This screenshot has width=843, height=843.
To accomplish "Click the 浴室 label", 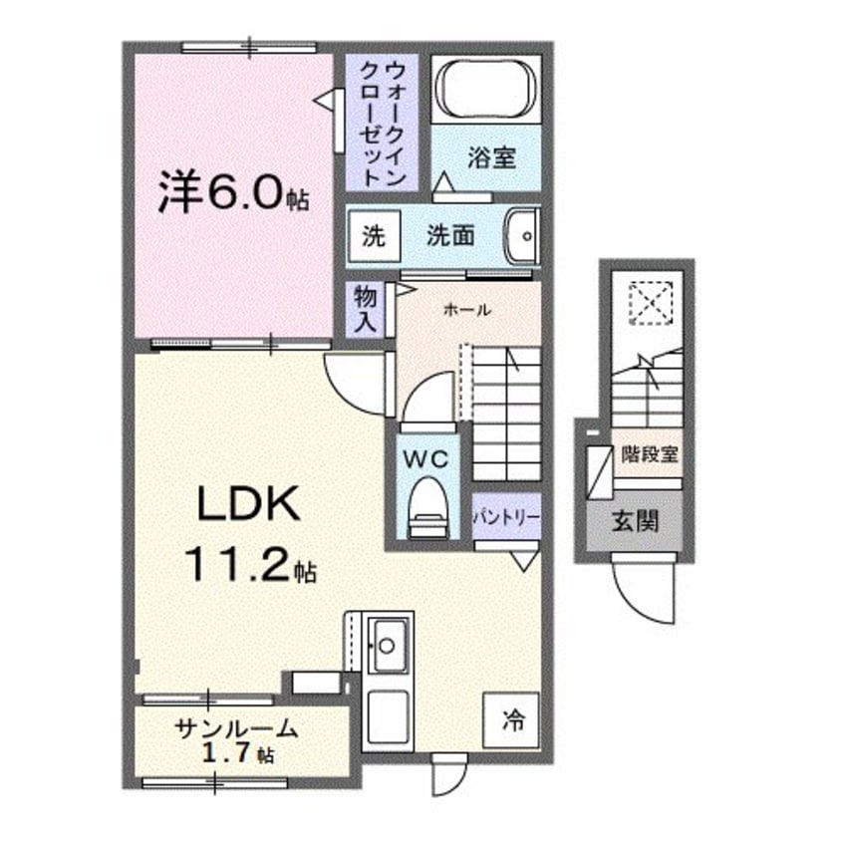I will (491, 157).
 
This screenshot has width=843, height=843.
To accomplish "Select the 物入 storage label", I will (363, 310).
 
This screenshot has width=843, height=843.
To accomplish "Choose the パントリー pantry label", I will (507, 518).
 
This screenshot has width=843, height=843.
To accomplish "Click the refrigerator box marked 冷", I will (512, 717).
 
